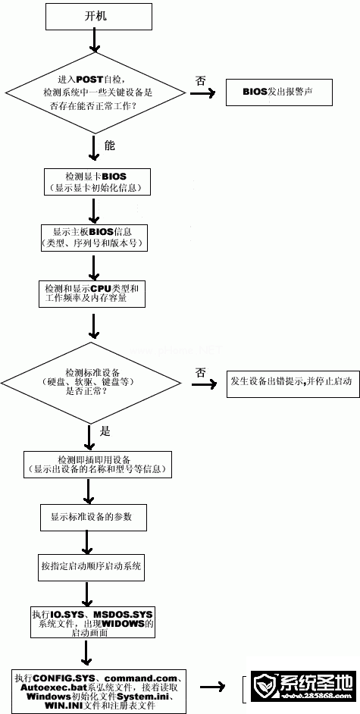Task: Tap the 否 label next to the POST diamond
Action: [x=200, y=80]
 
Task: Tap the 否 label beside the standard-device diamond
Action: [x=200, y=371]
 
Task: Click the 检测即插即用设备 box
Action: [x=99, y=465]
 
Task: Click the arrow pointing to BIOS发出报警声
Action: [x=201, y=95]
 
